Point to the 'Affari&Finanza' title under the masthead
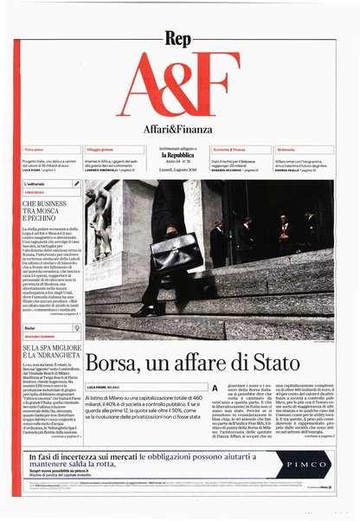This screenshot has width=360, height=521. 179,130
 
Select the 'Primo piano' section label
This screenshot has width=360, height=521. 35,151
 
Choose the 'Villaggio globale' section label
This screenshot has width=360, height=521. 102,151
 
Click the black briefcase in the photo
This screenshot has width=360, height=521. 176,254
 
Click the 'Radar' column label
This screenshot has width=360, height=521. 29,329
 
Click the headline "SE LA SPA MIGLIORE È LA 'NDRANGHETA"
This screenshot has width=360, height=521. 51,355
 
